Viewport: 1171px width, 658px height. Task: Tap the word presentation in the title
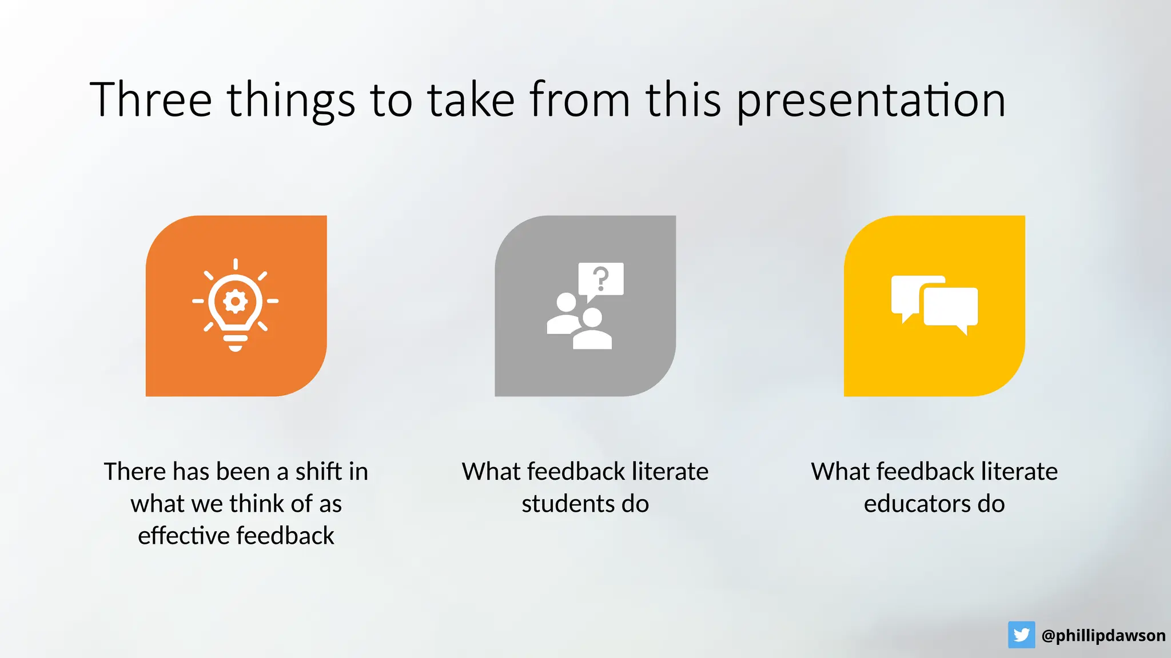tap(870, 101)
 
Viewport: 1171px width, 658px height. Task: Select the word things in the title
tap(291, 101)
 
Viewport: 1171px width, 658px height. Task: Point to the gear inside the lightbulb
tap(236, 301)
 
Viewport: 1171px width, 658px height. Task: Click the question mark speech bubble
tap(600, 279)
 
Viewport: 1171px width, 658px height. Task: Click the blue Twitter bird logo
tap(1021, 635)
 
